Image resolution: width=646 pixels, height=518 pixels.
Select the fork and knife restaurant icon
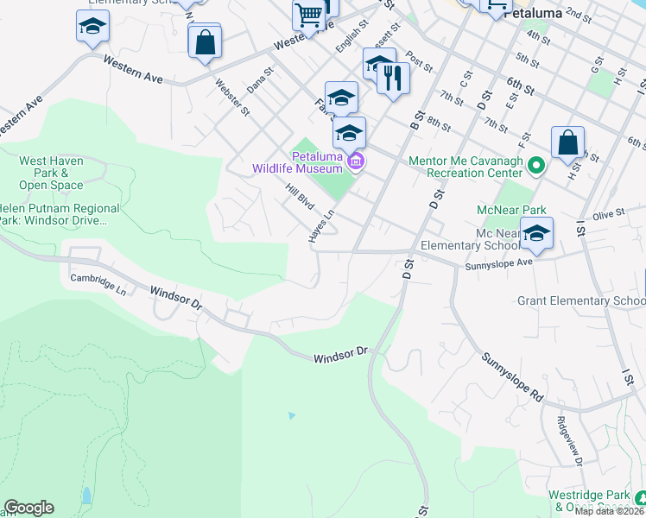pyautogui.click(x=393, y=78)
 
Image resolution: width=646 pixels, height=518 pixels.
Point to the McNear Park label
pyautogui.click(x=511, y=210)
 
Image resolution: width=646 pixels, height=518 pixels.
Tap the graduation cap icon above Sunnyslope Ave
pyautogui.click(x=536, y=233)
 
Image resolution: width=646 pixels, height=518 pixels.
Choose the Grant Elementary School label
pyautogui.click(x=580, y=301)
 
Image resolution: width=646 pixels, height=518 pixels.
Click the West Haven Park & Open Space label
pyautogui.click(x=51, y=173)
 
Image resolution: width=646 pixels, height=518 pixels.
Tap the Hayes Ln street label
pyautogui.click(x=319, y=225)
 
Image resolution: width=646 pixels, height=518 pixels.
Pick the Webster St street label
pyautogui.click(x=233, y=97)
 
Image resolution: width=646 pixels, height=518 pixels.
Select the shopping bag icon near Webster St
pyautogui.click(x=205, y=42)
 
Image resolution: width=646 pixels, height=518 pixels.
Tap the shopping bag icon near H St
pyautogui.click(x=568, y=143)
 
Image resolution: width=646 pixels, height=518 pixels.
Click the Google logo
pyautogui.click(x=28, y=508)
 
